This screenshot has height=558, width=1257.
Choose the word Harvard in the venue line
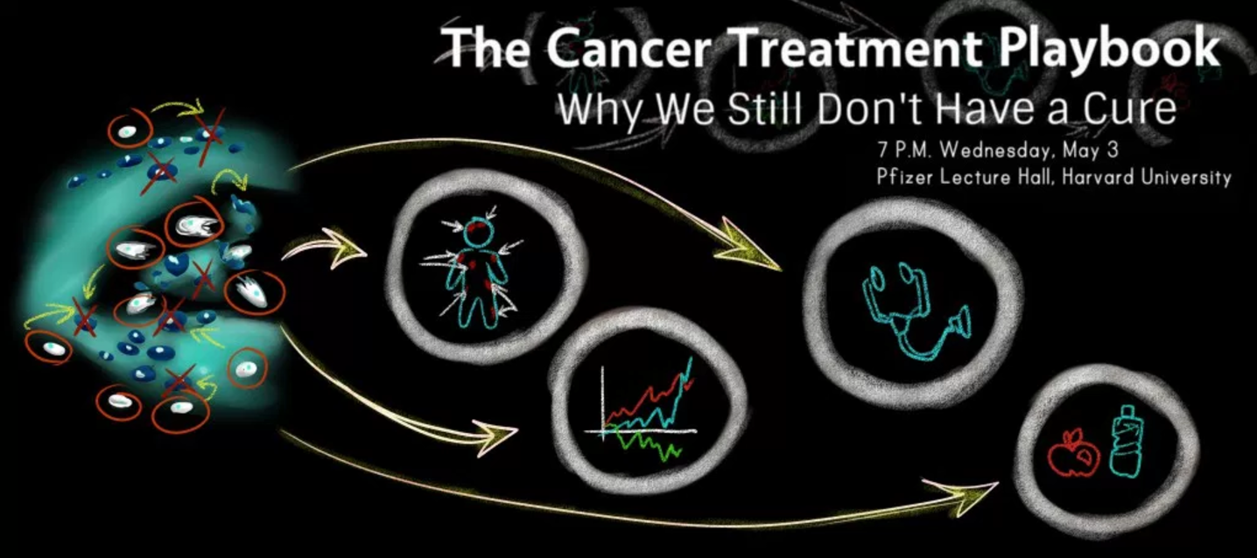click(x=1099, y=178)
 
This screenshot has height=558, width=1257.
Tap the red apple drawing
click(x=1072, y=453)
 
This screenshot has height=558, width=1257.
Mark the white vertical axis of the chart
click(x=603, y=402)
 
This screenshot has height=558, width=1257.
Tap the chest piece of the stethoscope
click(x=961, y=324)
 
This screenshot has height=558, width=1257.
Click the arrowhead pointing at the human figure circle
click(x=348, y=248)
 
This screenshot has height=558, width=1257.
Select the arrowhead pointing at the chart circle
click(x=494, y=436)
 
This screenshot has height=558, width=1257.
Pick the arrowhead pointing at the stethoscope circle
click(x=749, y=247)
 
